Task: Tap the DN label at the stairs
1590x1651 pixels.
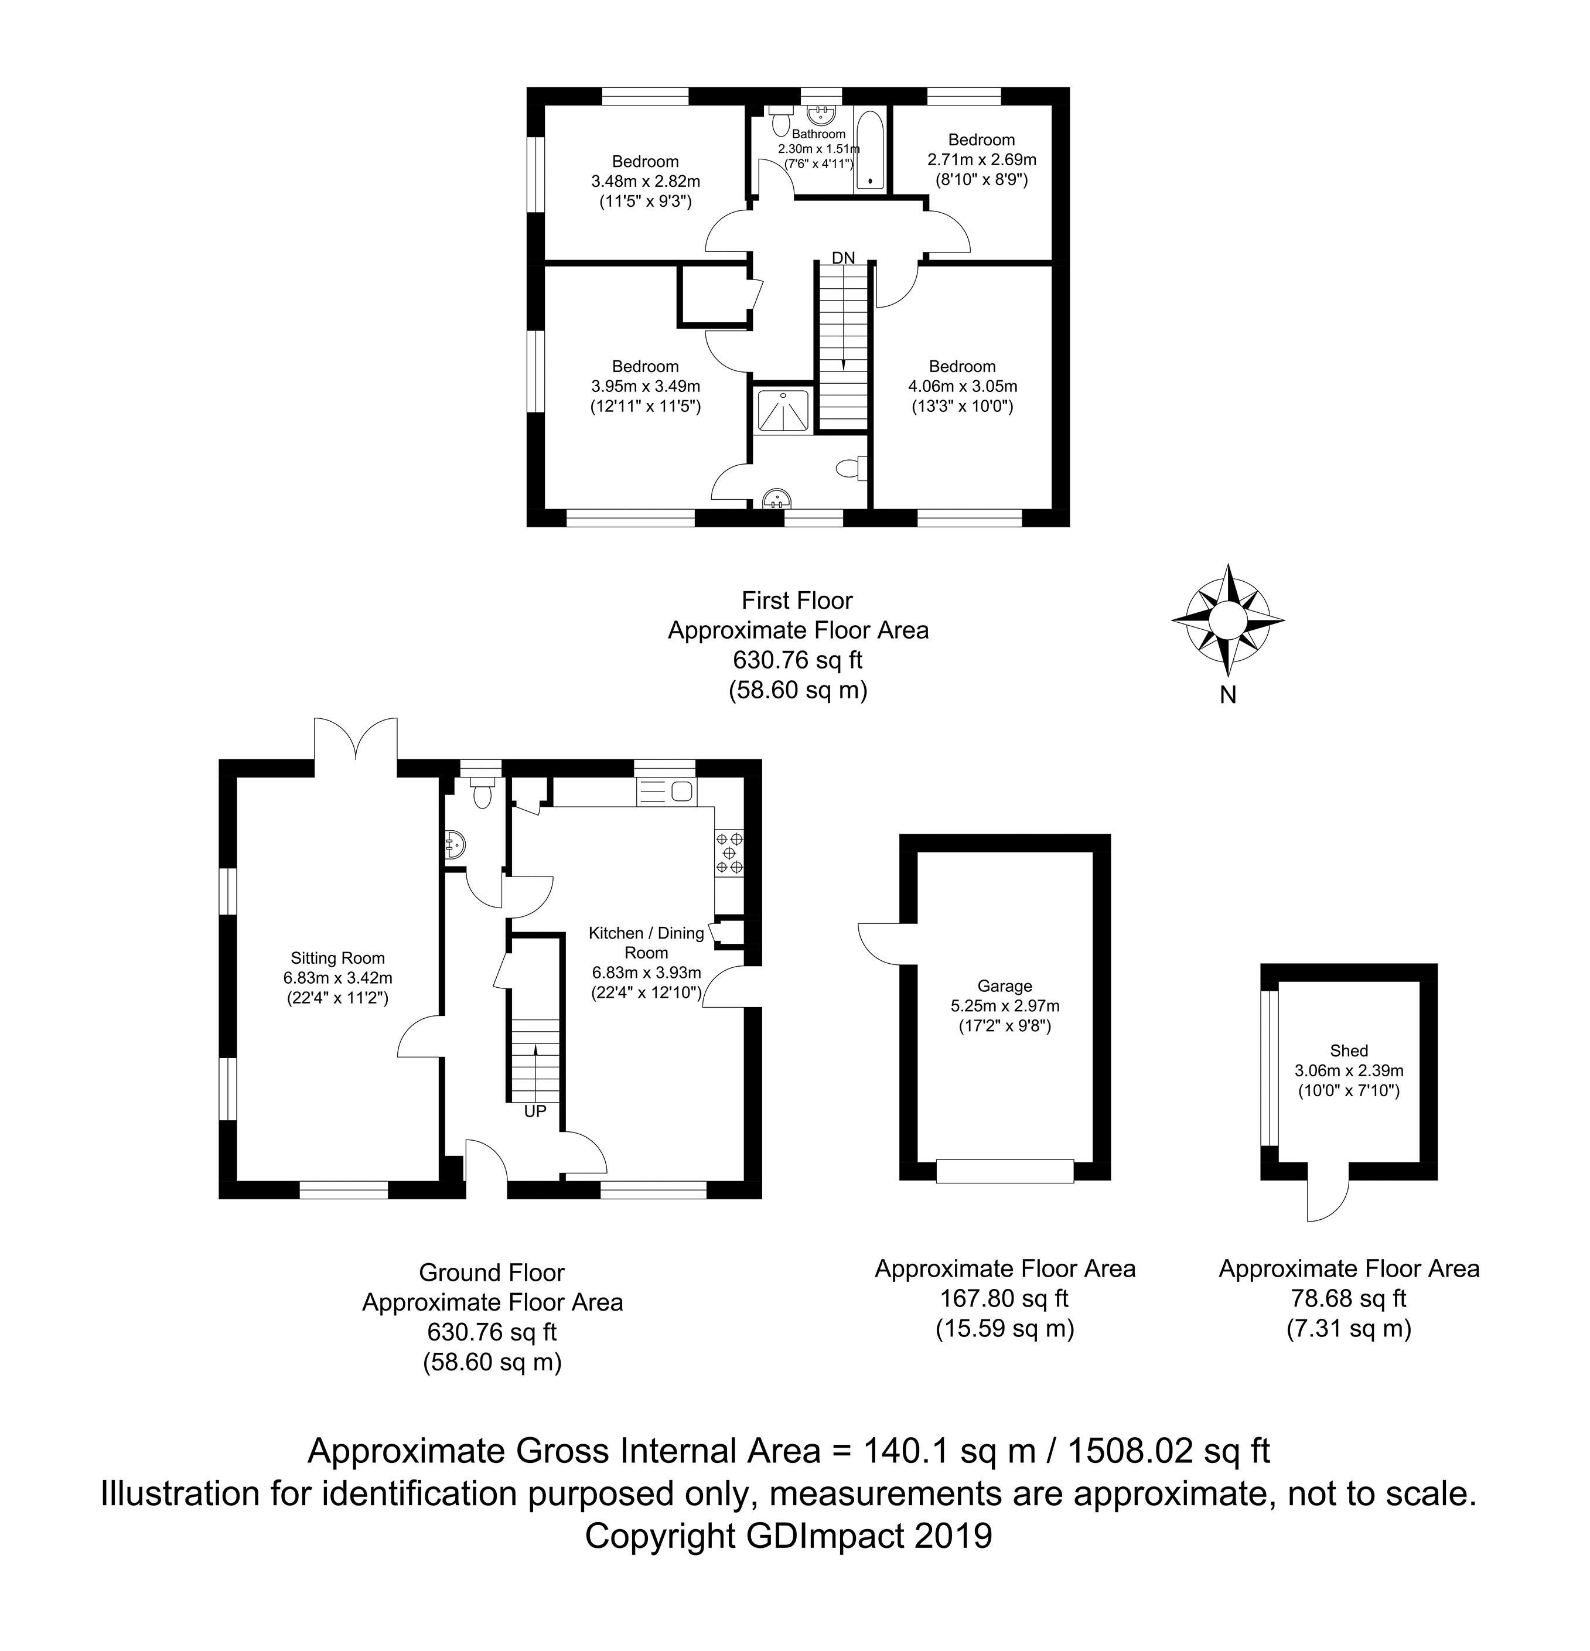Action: coord(843,258)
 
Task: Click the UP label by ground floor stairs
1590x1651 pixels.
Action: coord(535,1111)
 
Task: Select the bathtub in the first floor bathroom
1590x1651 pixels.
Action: coord(870,152)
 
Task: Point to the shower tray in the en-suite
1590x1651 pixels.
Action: coord(783,410)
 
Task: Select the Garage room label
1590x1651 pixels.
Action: coord(1005,985)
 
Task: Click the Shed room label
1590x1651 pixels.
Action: coord(1348,1050)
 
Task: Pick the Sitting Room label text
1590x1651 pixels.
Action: coord(337,958)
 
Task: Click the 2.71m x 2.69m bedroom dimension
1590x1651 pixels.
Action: coord(981,159)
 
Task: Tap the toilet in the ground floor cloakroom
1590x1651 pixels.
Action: coord(482,793)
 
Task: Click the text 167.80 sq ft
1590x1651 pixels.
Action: coord(1005,1298)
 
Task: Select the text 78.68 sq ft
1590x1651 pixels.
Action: coord(1348,1298)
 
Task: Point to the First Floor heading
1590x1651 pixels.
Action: coord(797,601)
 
